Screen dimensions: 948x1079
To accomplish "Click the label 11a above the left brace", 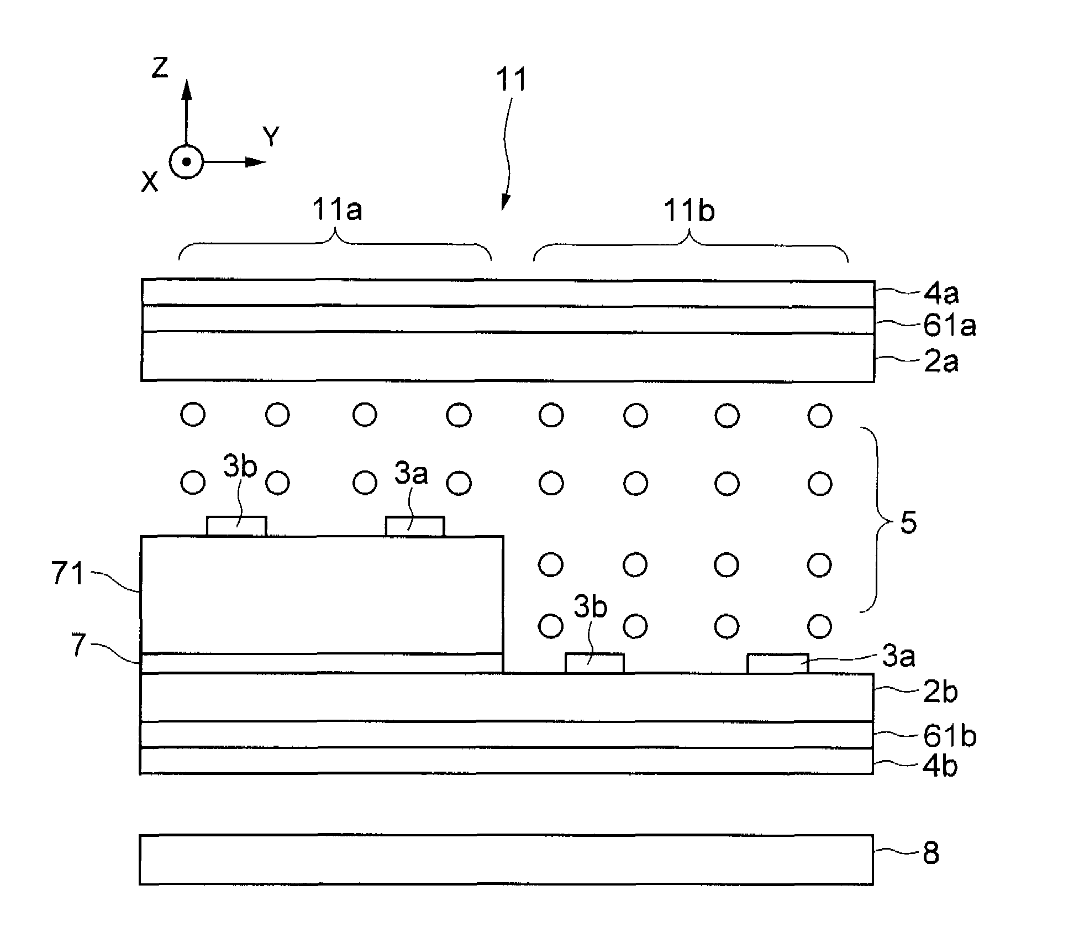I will [x=337, y=210].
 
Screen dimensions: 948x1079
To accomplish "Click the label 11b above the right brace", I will [x=689, y=211].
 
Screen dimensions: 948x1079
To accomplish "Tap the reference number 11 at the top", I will [x=511, y=80].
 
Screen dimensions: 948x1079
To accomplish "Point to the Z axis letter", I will [x=160, y=68].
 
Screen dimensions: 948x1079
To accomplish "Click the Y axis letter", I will [x=271, y=136].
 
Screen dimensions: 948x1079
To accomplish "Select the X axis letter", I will [x=149, y=181].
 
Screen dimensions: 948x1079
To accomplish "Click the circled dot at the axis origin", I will [x=187, y=162].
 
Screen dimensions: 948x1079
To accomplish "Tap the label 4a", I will [x=941, y=294].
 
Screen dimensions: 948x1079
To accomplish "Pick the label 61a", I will [x=949, y=326].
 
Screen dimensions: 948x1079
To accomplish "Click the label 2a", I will [x=941, y=362].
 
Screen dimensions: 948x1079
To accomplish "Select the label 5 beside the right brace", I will [x=908, y=522].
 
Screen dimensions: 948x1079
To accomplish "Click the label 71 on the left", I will [x=67, y=573].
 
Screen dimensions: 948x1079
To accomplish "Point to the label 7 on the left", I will [x=79, y=645].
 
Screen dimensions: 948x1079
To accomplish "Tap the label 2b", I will [x=940, y=692].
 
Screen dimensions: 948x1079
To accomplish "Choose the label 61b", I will [x=949, y=736].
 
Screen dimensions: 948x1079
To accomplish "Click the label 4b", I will [x=940, y=766].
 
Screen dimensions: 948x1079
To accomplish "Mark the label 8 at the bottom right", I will [x=931, y=853].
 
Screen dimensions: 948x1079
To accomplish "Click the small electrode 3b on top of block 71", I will [x=236, y=526].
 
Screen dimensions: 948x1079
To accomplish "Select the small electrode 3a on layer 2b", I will [x=777, y=663].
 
